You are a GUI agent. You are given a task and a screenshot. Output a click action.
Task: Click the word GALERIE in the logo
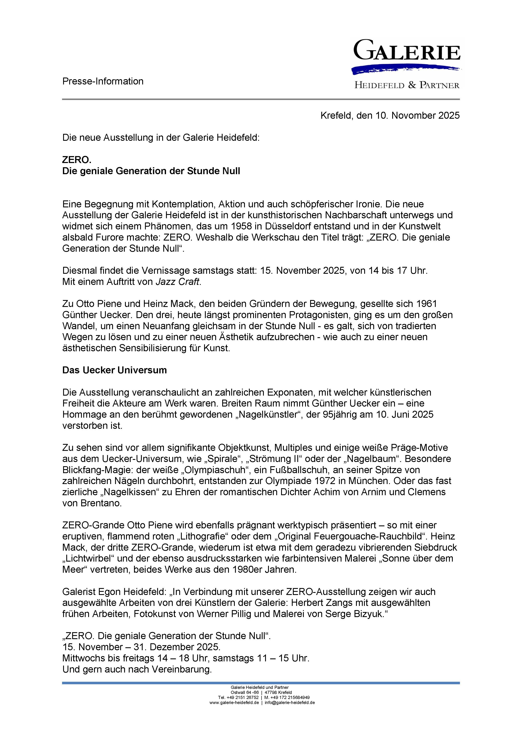tap(407, 50)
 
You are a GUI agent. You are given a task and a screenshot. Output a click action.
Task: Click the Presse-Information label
tap(103, 81)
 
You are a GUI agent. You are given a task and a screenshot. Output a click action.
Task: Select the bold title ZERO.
tap(77, 159)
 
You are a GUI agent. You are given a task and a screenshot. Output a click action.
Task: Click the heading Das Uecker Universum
tap(114, 370)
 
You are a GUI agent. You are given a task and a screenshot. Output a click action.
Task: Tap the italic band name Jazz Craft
tap(178, 282)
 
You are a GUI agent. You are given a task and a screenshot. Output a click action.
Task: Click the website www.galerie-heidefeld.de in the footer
tap(234, 703)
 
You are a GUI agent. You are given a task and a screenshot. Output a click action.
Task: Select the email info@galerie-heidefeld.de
tap(290, 703)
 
